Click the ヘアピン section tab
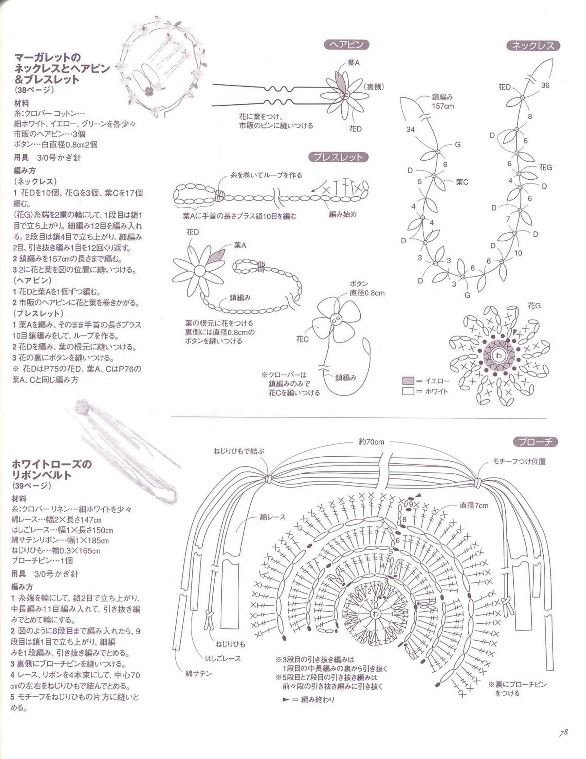pos(346,45)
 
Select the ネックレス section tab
pos(534,46)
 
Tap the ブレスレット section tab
pos(338,157)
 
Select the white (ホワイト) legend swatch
pos(408,391)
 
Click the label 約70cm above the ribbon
pos(371,442)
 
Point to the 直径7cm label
pos(474,505)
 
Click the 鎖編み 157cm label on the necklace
pos(443,102)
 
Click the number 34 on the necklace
pos(410,129)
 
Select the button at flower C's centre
pos(336,320)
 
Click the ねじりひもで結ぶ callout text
pos(239,451)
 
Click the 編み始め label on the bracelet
pos(343,214)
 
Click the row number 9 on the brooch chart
pos(411,503)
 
